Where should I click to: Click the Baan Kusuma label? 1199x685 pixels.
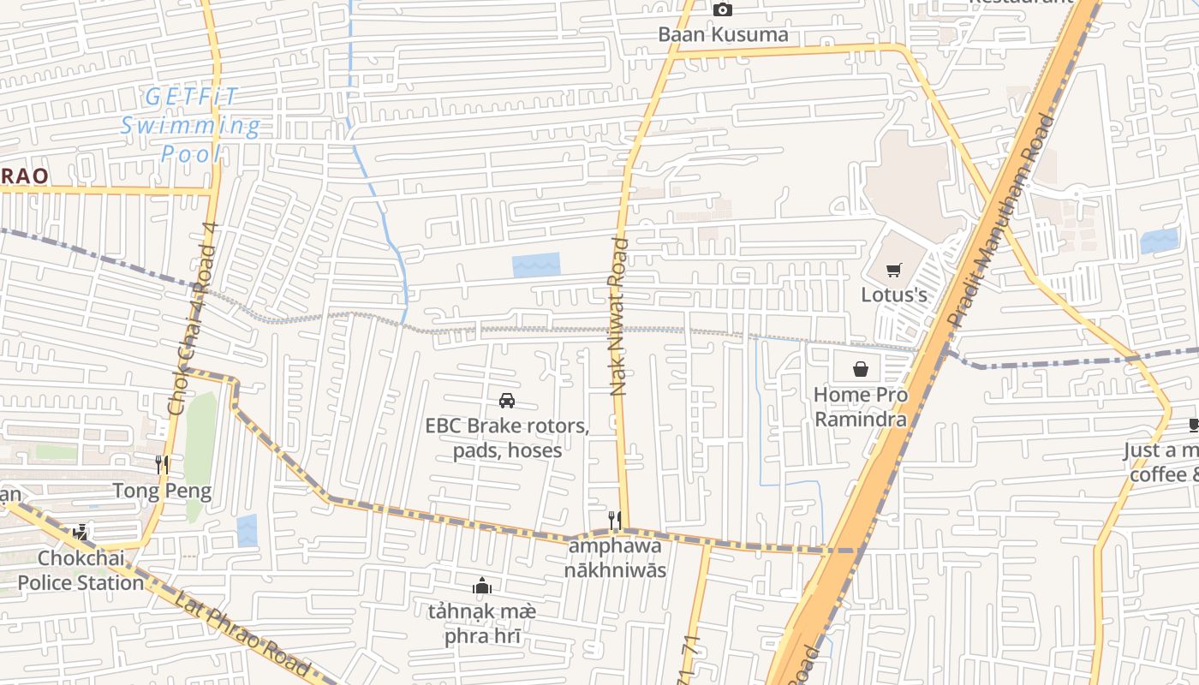[x=723, y=34]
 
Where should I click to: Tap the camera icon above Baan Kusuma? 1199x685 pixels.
[x=723, y=9]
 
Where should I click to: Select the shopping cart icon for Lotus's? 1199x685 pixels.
[x=894, y=271]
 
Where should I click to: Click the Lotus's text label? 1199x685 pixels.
[x=894, y=295]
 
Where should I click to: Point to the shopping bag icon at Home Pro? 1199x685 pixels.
[x=861, y=369]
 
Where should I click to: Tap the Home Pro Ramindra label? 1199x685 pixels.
[x=860, y=407]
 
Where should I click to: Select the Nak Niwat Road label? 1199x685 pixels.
[x=619, y=317]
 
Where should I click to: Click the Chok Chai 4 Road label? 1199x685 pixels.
[x=196, y=319]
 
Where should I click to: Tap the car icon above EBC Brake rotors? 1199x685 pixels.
[x=507, y=400]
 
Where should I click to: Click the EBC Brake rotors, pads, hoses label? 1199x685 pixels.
[x=507, y=438]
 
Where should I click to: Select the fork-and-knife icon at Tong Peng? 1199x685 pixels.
[x=162, y=465]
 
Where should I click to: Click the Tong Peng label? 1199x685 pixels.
[x=162, y=491]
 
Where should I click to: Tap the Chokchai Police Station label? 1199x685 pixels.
[x=81, y=571]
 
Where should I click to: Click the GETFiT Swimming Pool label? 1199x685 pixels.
[x=190, y=126]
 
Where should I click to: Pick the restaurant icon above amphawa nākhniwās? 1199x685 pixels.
[x=614, y=519]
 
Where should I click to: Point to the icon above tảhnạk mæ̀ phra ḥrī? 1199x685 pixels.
[x=482, y=587]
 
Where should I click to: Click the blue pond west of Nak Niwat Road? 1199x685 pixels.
[x=536, y=265]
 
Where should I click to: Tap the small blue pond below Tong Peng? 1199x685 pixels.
[x=247, y=530]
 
